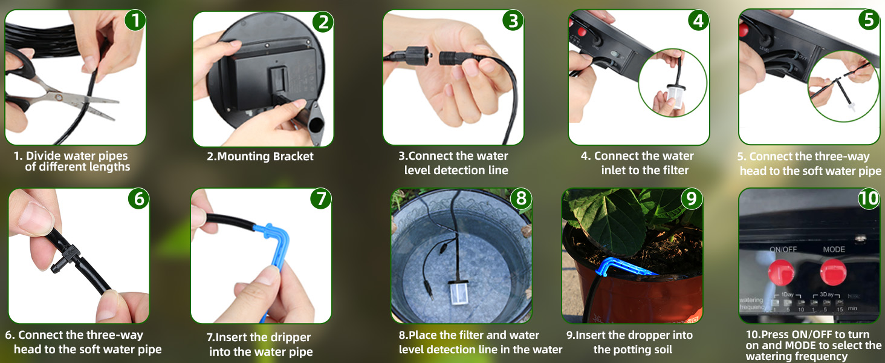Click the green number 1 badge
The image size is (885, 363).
pos(135,21)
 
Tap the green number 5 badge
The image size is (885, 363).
pos(869,20)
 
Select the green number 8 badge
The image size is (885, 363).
pos(520,198)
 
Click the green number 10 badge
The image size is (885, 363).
pos(869,198)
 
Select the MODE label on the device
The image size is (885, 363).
pos(834,249)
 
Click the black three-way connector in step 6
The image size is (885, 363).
pos(72,255)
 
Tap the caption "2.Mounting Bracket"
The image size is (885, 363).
pos(260,157)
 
